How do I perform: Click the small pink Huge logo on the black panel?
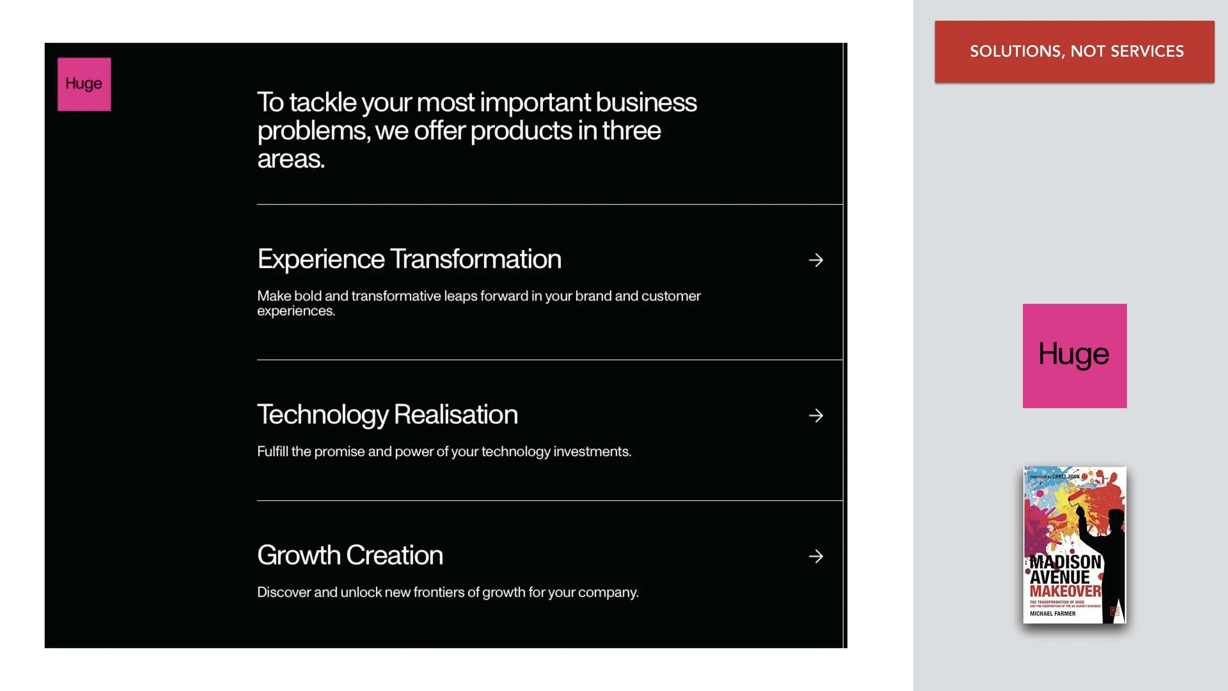(84, 84)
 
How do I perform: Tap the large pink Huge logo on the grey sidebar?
(1074, 355)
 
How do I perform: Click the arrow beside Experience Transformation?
(815, 260)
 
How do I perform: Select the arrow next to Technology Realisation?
(815, 415)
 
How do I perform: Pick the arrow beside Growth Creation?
(815, 556)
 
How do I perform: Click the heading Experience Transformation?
(409, 259)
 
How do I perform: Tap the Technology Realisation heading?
(388, 414)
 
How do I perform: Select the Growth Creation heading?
(350, 555)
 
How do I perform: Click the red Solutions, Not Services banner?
(1074, 51)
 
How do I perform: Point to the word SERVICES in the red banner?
(1147, 51)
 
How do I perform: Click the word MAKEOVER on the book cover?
(1065, 591)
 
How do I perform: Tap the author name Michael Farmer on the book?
(1052, 613)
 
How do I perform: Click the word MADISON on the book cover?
(1065, 562)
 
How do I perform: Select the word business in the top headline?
(646, 102)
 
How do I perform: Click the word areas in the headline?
(291, 159)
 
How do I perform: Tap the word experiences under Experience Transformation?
(296, 311)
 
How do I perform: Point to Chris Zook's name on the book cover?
(1066, 476)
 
